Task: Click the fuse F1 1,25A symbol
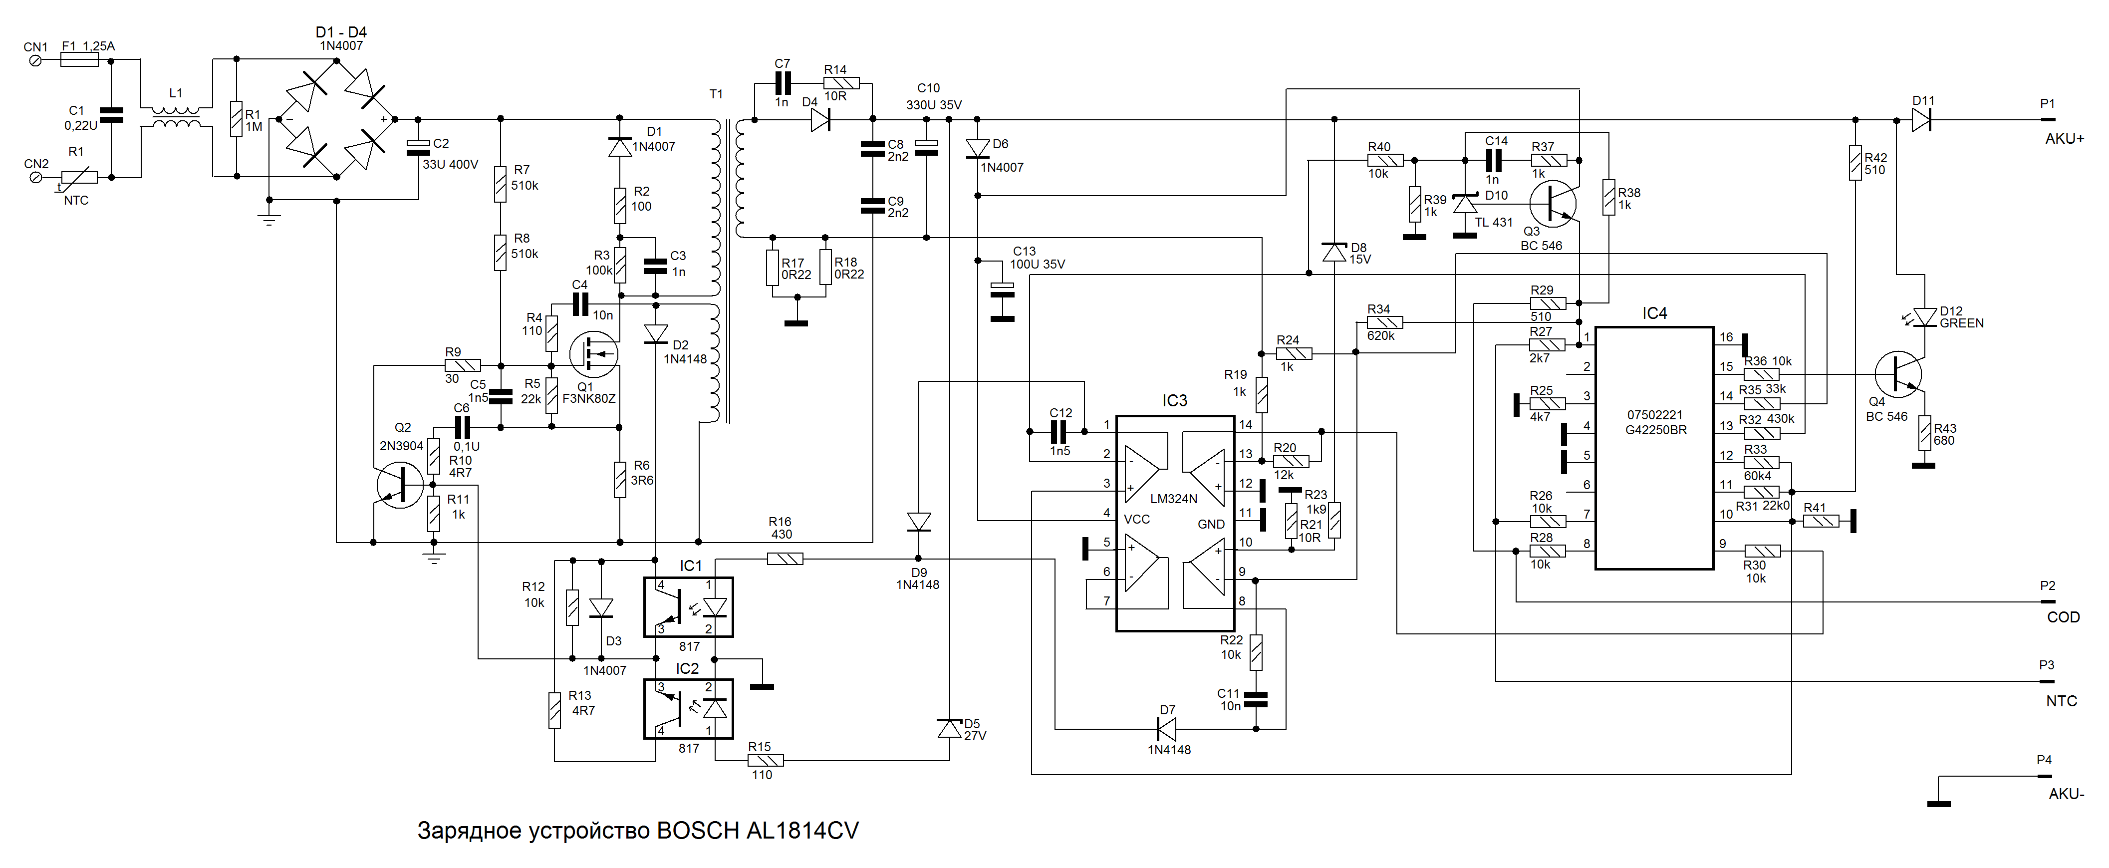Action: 79,60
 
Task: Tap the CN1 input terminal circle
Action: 36,60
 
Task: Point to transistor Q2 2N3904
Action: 400,485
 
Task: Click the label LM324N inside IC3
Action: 1173,499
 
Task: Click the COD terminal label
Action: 2062,617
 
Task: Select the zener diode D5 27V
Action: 949,728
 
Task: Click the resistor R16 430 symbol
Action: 785,560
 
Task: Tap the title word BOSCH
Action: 698,831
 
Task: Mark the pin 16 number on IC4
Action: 1726,337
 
